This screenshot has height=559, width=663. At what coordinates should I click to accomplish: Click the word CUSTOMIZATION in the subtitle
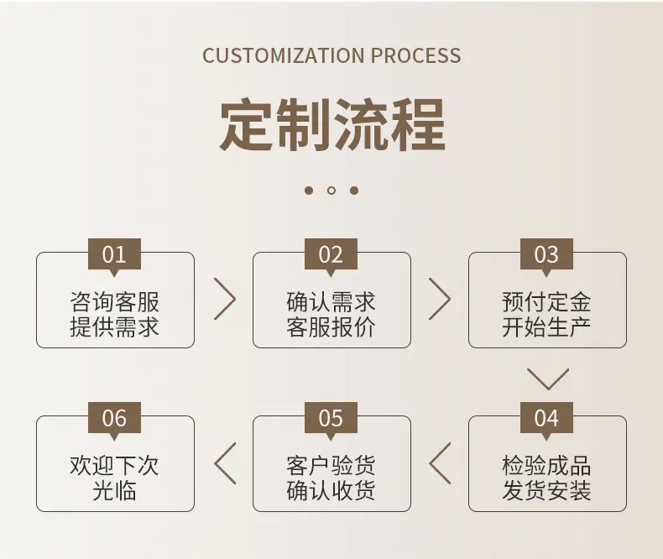tap(284, 55)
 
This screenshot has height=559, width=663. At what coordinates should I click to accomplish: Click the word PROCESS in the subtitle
tap(416, 55)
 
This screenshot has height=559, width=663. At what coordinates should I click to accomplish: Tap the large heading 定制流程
tap(332, 125)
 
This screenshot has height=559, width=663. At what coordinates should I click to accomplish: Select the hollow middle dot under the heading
tap(331, 191)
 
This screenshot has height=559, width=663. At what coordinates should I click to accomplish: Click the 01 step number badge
tap(114, 255)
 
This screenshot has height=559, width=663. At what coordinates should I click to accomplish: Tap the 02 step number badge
tap(331, 255)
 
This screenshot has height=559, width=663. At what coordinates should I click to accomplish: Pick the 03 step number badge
tap(546, 255)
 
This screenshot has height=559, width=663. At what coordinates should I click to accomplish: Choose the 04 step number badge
tap(546, 419)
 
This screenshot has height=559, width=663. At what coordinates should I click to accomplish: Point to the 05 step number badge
tap(331, 419)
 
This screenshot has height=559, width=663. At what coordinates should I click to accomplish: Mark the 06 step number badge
tap(114, 419)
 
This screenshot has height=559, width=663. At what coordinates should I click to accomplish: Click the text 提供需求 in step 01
tap(114, 327)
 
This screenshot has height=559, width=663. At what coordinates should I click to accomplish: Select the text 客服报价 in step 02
tap(331, 327)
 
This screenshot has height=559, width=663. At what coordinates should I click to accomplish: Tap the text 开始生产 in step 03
tap(546, 327)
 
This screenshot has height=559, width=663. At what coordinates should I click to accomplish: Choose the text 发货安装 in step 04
tap(546, 491)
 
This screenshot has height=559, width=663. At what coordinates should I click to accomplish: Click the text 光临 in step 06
tap(114, 491)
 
